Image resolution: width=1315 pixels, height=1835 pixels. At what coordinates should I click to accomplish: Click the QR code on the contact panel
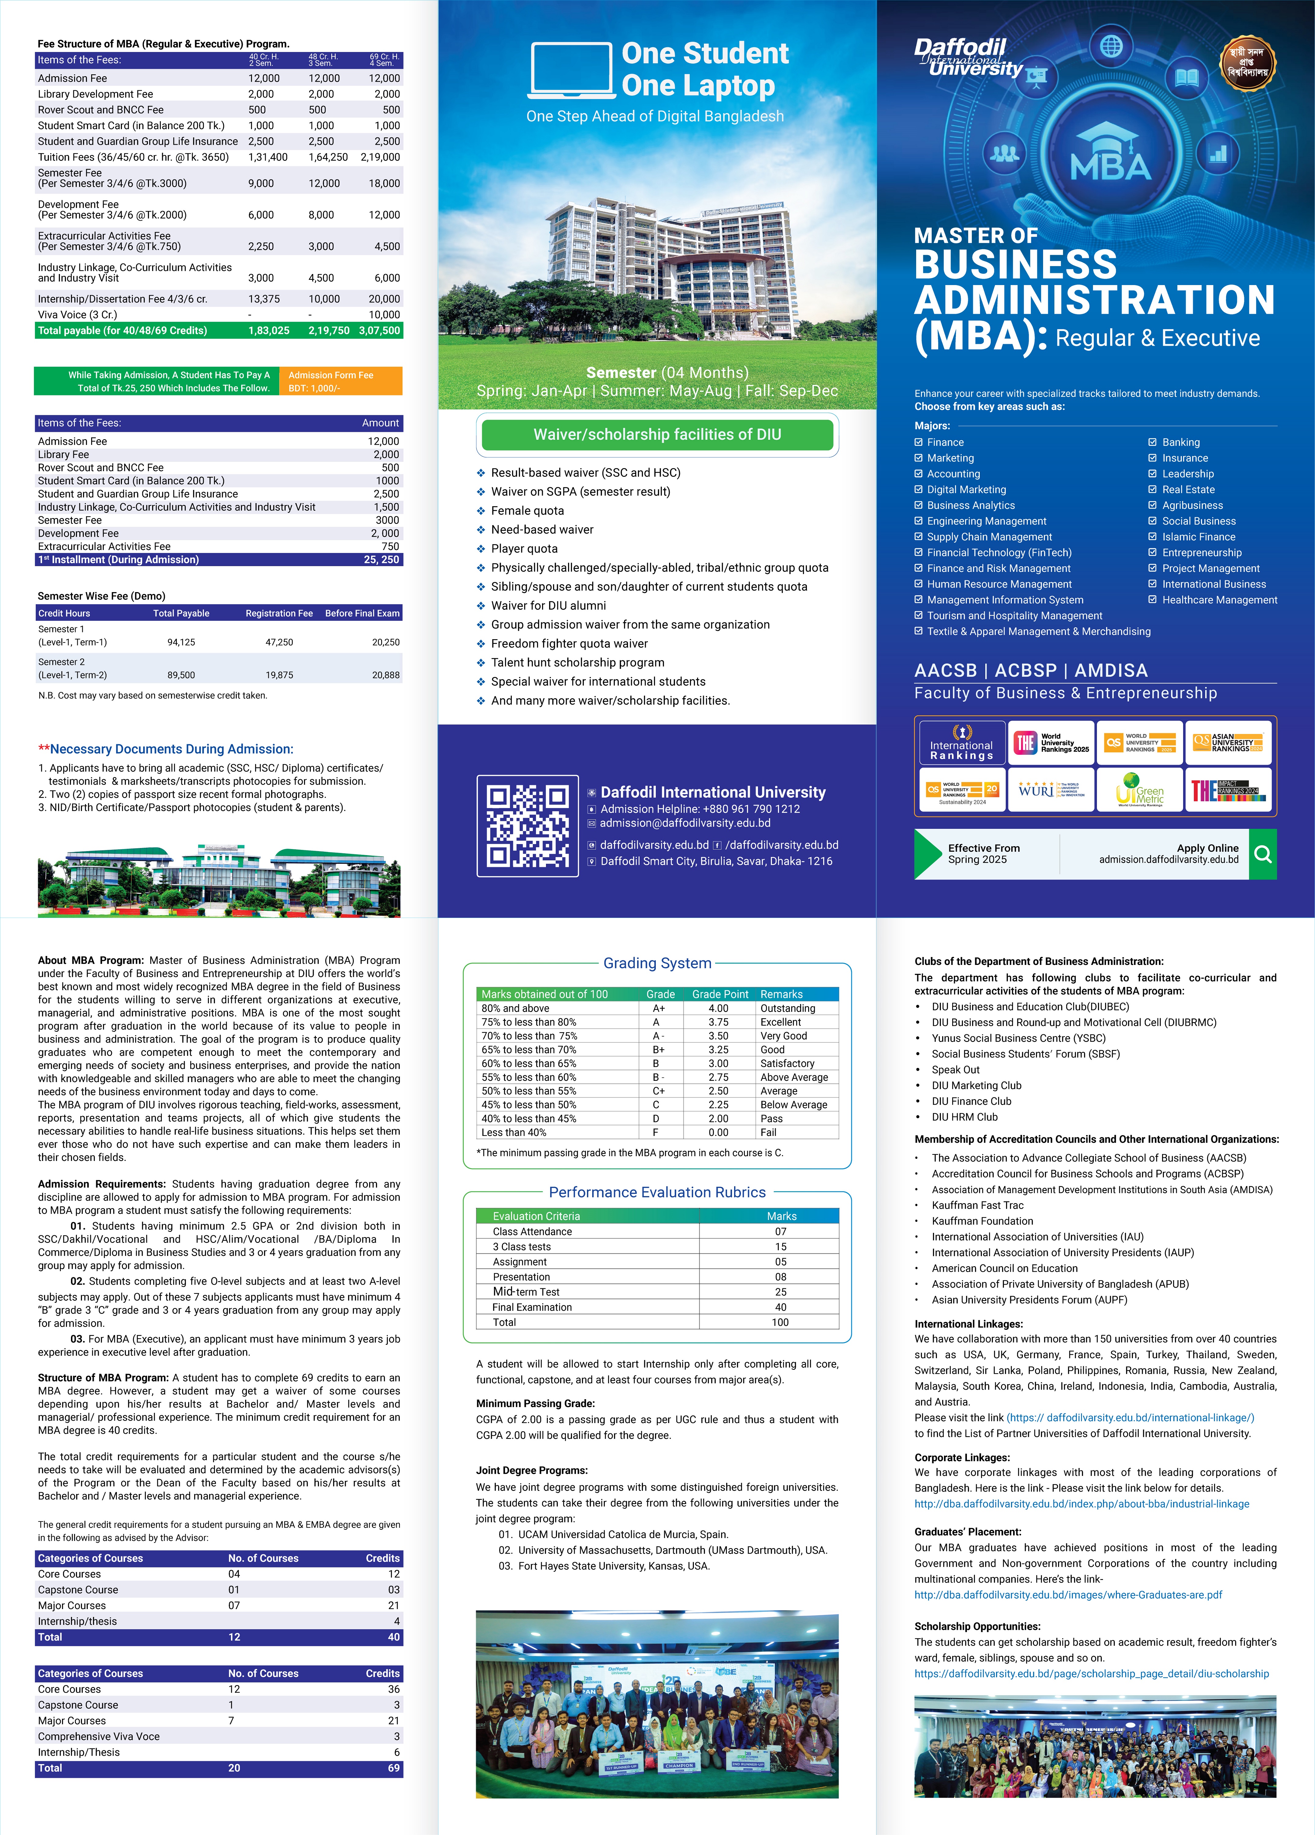[528, 825]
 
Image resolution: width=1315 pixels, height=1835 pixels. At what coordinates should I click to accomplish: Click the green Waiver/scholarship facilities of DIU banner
[657, 435]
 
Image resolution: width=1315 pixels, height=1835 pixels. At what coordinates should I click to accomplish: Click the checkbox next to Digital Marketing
[919, 490]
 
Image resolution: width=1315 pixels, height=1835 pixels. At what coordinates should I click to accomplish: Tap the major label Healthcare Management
[1220, 599]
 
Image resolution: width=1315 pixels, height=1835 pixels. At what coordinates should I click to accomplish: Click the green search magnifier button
[1262, 854]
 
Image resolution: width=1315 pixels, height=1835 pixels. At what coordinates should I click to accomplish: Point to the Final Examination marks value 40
[780, 1307]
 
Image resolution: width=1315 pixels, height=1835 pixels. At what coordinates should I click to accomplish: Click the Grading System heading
[657, 963]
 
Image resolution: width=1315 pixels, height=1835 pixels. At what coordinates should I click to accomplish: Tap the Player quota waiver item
[524, 549]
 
